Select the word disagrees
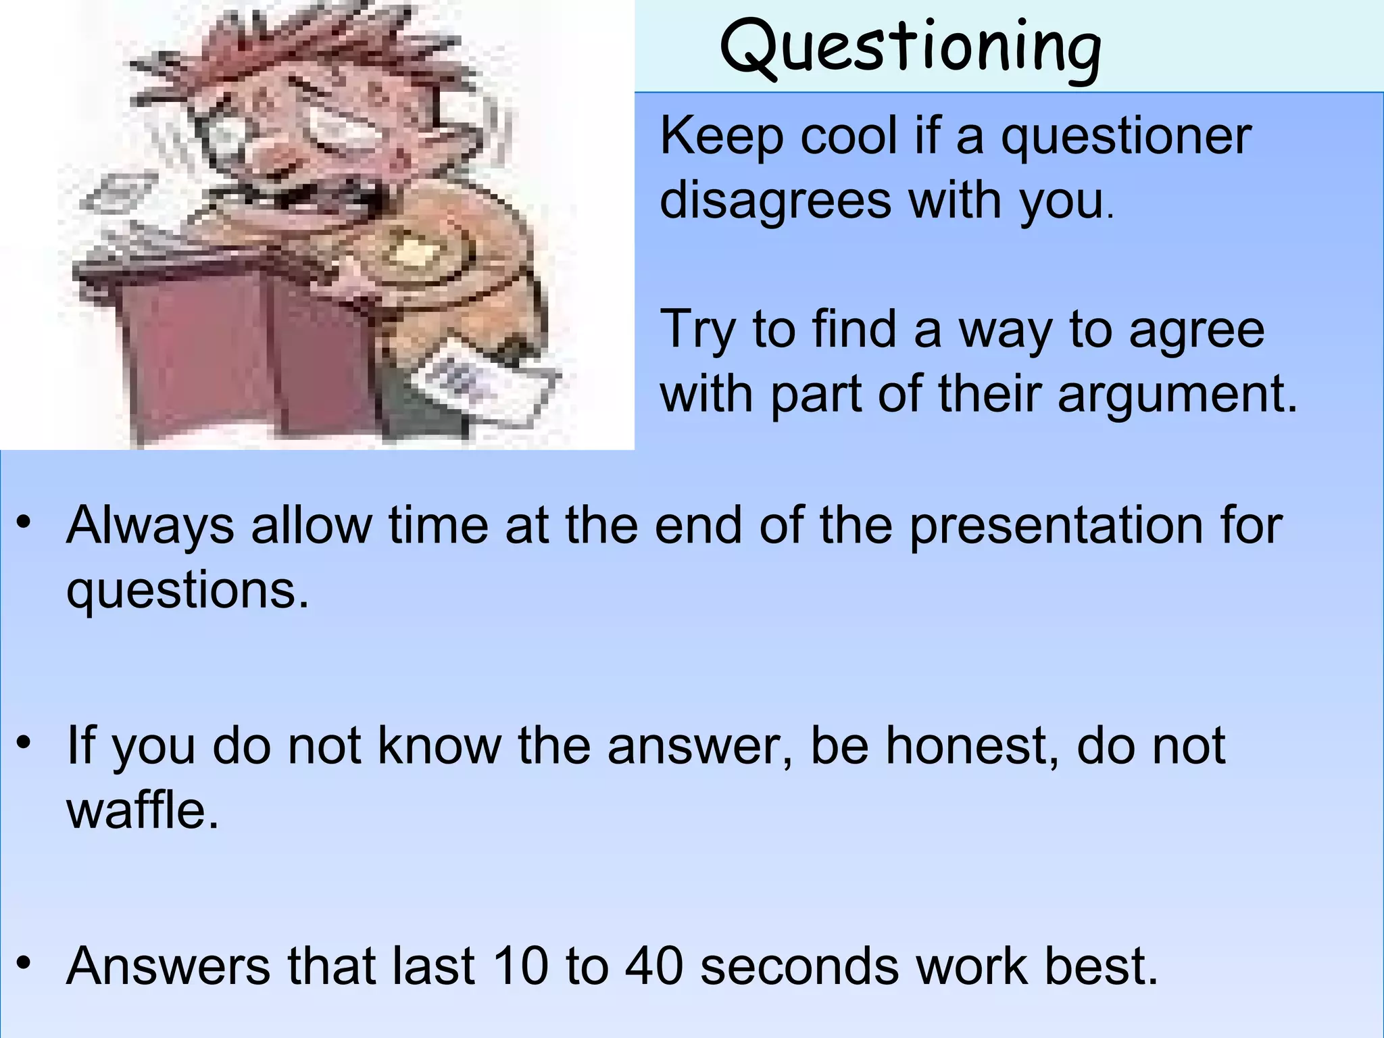coord(775,201)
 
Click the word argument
coord(1177,394)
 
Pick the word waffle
coord(143,810)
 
